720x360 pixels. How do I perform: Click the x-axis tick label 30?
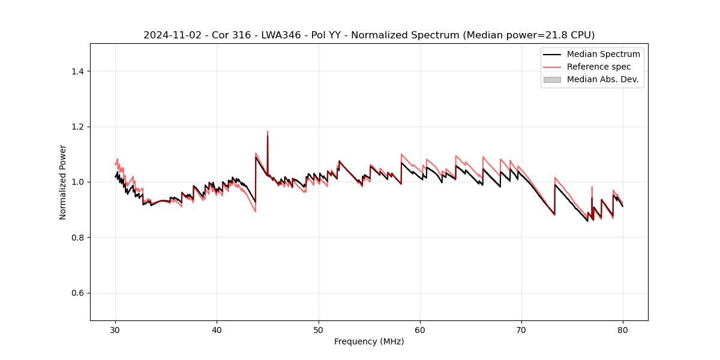tap(115, 330)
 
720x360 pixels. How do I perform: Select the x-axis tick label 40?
tap(217, 330)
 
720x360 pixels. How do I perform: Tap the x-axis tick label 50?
tap(319, 330)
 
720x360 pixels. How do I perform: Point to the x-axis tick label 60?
tap(420, 330)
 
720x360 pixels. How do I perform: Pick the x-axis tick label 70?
tap(521, 330)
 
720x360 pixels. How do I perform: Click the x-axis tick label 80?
tap(623, 330)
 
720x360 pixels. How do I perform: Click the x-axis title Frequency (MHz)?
tap(369, 341)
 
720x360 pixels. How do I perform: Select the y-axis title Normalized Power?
tap(63, 182)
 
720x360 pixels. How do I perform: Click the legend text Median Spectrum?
tap(603, 54)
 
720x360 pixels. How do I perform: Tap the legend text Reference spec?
tap(599, 67)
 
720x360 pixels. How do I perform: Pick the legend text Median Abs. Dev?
tap(602, 79)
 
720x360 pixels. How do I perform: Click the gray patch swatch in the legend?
tap(552, 79)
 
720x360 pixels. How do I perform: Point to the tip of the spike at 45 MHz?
tap(268, 131)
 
